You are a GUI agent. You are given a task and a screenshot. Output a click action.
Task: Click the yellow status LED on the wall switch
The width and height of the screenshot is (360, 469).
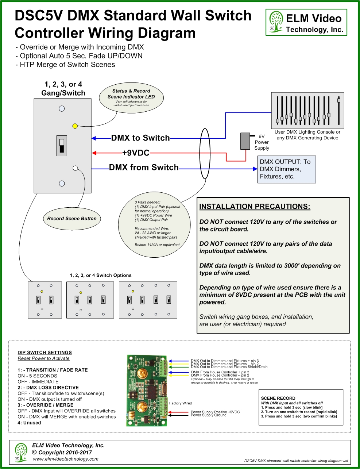click(75, 126)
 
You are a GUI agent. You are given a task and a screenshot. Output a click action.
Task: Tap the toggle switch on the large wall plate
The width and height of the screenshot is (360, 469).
click(62, 145)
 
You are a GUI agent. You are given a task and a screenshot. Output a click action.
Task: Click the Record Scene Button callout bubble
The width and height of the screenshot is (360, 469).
click(72, 219)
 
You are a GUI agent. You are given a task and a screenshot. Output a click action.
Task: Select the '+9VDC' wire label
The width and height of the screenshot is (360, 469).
click(136, 153)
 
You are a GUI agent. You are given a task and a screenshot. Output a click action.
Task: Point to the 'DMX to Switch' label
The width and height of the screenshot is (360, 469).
click(140, 138)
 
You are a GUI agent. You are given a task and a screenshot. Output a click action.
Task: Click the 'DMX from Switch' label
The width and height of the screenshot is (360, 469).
click(144, 168)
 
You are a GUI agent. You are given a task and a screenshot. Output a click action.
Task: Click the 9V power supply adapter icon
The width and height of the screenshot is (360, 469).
click(245, 141)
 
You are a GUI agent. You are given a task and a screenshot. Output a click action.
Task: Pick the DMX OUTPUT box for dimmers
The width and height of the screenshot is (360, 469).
click(286, 169)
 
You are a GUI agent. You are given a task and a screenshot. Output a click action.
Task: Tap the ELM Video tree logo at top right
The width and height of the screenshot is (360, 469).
click(276, 22)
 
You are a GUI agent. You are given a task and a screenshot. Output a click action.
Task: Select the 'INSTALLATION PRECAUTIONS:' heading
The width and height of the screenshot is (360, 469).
click(255, 207)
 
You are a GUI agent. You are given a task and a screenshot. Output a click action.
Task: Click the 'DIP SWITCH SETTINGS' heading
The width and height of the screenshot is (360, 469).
click(45, 353)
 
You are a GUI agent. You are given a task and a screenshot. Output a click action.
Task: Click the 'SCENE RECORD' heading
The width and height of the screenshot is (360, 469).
click(278, 398)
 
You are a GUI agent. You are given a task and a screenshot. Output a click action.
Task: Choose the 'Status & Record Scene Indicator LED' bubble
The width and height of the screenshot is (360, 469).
click(131, 97)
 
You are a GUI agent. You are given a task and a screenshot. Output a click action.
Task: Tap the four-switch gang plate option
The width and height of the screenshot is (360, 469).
click(148, 300)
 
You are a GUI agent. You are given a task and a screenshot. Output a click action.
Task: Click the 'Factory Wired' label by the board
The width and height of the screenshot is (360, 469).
click(180, 403)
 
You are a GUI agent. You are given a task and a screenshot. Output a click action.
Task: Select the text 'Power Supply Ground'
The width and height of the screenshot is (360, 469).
click(208, 415)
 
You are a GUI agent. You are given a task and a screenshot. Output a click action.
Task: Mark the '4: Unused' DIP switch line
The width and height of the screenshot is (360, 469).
click(29, 423)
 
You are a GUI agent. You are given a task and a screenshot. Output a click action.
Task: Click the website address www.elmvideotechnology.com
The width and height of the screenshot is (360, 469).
click(66, 459)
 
